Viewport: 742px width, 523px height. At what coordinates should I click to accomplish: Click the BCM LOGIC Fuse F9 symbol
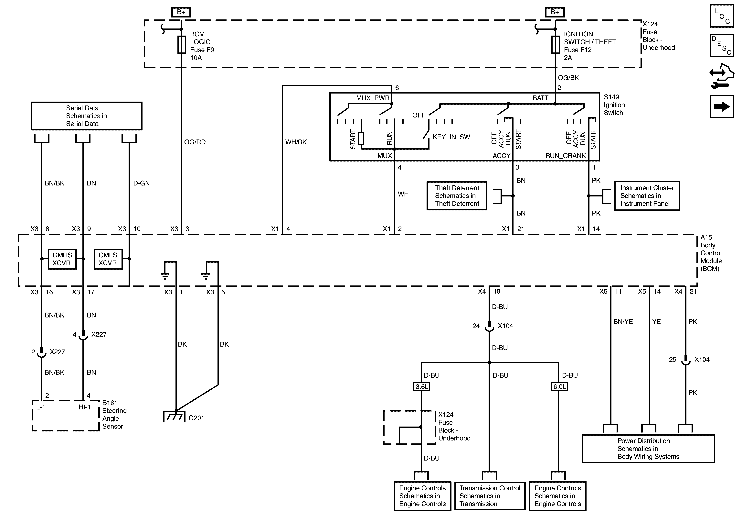(182, 45)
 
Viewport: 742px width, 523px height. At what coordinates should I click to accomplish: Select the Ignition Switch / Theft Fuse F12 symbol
(555, 45)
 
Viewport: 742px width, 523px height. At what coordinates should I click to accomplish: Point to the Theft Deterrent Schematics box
(457, 196)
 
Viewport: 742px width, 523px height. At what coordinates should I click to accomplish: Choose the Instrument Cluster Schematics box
(647, 196)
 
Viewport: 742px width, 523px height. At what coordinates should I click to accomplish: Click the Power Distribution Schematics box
(648, 449)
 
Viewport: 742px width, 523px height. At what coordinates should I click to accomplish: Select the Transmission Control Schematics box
(490, 496)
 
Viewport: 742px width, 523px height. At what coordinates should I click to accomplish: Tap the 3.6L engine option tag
(421, 386)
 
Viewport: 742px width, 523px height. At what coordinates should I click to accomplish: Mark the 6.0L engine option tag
(559, 386)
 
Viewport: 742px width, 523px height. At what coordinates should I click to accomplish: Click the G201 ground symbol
(174, 417)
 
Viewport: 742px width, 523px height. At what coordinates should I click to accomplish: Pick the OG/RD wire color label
(195, 142)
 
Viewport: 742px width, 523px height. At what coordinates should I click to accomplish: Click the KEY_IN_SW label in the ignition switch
(451, 137)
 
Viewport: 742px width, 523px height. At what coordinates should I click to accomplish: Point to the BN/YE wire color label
(623, 321)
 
